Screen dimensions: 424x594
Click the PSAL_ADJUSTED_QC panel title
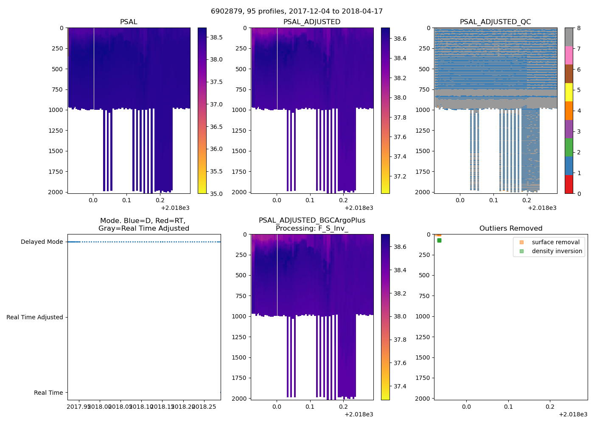[x=495, y=22]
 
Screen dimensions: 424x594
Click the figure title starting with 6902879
[x=297, y=11]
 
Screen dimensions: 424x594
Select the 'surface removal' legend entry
[x=555, y=242]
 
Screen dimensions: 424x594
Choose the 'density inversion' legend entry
[x=557, y=251]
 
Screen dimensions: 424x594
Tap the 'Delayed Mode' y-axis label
[x=42, y=242]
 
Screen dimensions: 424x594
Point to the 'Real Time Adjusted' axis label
[x=34, y=317]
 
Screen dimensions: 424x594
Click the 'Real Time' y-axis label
[x=48, y=393]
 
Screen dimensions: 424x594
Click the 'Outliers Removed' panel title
[x=510, y=229]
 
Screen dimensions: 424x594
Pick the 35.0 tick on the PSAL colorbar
[x=216, y=194]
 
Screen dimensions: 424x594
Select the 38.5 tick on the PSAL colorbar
[x=216, y=37]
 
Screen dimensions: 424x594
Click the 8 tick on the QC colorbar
[x=579, y=28]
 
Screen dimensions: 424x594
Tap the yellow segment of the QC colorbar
[x=569, y=92]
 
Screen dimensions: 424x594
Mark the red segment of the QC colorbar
[x=569, y=184]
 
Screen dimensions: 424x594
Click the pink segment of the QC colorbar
[x=569, y=55]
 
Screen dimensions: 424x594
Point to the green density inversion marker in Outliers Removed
[x=439, y=240]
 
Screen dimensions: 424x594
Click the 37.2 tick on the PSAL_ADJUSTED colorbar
[x=400, y=176]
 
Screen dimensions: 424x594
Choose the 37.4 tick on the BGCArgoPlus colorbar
[x=400, y=386]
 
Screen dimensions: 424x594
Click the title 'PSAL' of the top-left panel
[x=129, y=22]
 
